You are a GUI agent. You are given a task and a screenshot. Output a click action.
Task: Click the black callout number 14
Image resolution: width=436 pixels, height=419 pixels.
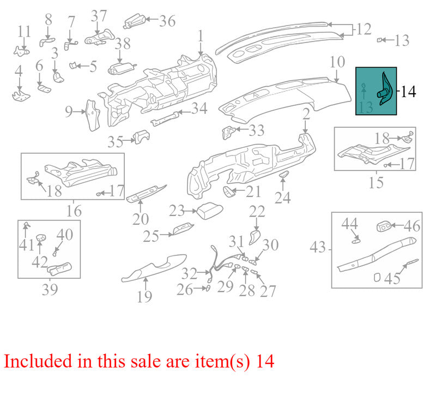pyautogui.click(x=408, y=92)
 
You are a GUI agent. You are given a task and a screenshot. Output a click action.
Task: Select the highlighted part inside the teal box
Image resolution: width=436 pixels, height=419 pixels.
pyautogui.click(x=385, y=89)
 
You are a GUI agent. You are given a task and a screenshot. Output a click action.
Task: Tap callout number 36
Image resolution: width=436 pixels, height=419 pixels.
pyautogui.click(x=167, y=21)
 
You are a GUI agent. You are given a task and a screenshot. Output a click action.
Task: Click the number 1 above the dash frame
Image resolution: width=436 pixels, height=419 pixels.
pyautogui.click(x=201, y=36)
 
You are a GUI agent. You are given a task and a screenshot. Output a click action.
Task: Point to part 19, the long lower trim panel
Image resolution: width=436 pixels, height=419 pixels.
pyautogui.click(x=154, y=268)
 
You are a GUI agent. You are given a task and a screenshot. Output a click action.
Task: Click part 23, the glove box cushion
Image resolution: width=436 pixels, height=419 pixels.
pyautogui.click(x=210, y=211)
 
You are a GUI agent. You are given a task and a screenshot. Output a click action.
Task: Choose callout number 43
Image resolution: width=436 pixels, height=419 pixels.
pyautogui.click(x=318, y=247)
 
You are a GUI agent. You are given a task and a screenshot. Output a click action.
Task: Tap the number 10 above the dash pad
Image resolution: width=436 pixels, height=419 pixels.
pyautogui.click(x=337, y=62)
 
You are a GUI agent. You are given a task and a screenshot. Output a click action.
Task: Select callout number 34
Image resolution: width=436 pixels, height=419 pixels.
pyautogui.click(x=199, y=109)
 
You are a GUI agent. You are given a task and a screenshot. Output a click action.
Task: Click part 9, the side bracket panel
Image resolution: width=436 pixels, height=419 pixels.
pyautogui.click(x=93, y=115)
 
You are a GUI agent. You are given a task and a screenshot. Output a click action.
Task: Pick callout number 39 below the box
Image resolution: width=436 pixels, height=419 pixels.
pyautogui.click(x=50, y=289)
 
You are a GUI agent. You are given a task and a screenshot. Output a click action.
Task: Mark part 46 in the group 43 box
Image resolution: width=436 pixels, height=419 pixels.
pyautogui.click(x=384, y=227)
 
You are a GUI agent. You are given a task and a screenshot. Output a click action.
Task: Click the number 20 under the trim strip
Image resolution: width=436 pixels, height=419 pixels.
pyautogui.click(x=141, y=219)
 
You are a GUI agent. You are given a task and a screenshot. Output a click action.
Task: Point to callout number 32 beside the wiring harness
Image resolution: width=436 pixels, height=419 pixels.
pyautogui.click(x=189, y=273)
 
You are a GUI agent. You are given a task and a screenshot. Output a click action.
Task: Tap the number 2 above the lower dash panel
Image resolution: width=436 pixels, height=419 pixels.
pyautogui.click(x=306, y=114)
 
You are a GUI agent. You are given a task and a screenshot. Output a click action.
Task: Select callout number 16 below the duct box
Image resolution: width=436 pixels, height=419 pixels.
pyautogui.click(x=74, y=211)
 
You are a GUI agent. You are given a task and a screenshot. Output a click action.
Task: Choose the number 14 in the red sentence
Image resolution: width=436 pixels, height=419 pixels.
pyautogui.click(x=265, y=361)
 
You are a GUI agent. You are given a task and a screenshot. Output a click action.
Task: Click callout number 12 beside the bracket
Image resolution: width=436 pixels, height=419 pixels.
pyautogui.click(x=364, y=29)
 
